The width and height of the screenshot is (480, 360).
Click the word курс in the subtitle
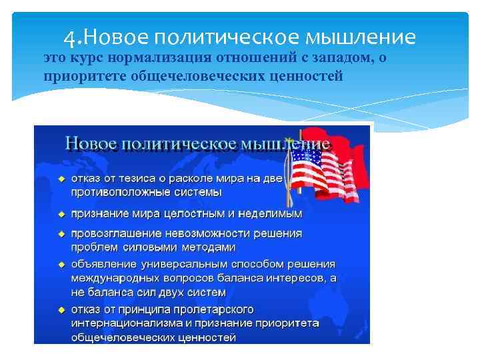[83, 58]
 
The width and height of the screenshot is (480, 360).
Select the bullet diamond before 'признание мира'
[61, 214]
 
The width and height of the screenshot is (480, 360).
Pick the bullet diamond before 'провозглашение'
[61, 234]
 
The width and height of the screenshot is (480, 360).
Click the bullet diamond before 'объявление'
[61, 265]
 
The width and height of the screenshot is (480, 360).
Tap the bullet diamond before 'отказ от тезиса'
[61, 179]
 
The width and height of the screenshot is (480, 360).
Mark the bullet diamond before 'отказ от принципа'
[61, 310]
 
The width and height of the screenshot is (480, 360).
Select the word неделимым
[270, 214]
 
